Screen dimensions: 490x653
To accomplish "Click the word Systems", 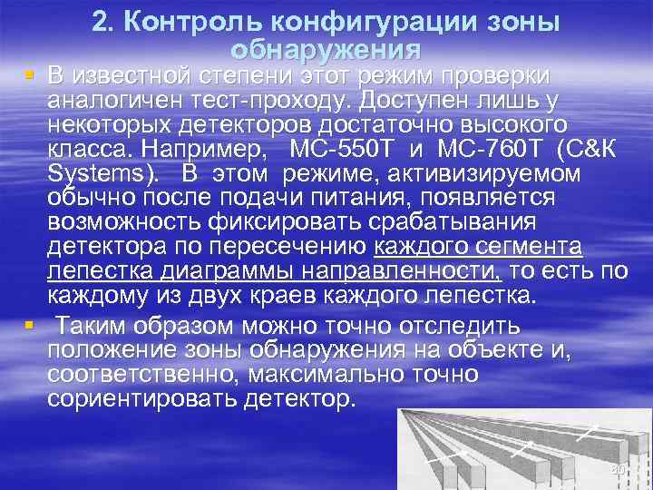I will (x=99, y=173).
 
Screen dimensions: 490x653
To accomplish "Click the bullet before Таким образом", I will (x=30, y=324).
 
